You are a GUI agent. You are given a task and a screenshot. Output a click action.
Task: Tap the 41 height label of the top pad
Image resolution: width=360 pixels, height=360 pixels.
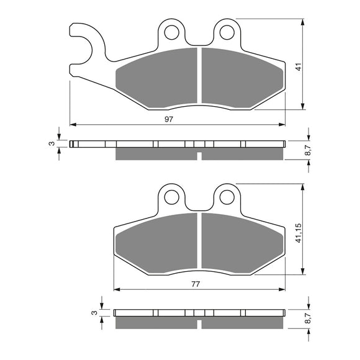[x=298, y=67]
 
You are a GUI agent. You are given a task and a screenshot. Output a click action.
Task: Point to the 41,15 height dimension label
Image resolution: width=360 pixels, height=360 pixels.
[x=298, y=231]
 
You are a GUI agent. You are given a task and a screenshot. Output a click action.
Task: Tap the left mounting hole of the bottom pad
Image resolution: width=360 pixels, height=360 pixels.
[x=171, y=197]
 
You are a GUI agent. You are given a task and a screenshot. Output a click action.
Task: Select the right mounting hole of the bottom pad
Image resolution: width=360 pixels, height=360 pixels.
[x=228, y=197]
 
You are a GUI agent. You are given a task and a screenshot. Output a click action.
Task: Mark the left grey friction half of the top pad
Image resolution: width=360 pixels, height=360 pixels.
[x=158, y=78]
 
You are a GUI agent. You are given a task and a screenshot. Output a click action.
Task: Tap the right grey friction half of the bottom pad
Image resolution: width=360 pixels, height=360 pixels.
[x=239, y=242]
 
